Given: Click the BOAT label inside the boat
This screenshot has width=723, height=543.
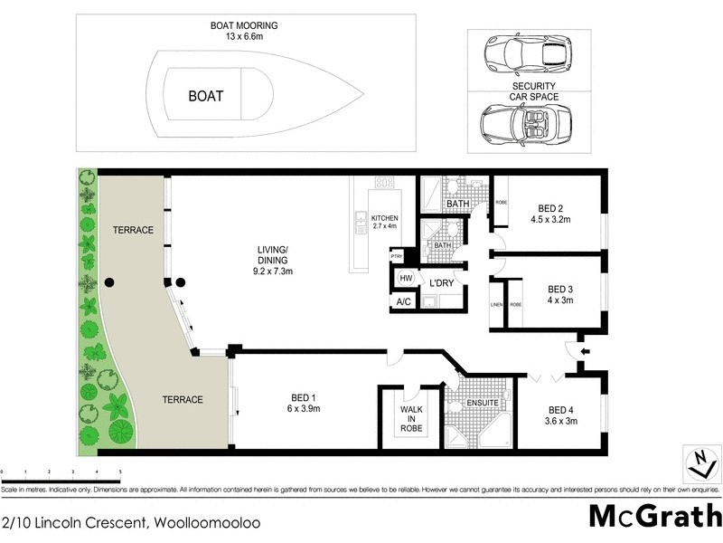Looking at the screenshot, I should point(205,95).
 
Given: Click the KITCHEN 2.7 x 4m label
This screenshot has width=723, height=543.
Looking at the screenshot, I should point(384,224).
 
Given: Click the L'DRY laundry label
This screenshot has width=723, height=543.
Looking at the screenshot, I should point(441,283).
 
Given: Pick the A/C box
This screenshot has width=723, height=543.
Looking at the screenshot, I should point(404,301).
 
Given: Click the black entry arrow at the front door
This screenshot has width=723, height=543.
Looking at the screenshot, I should point(584,351).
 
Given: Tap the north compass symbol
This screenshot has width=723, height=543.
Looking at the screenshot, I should point(699,462).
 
